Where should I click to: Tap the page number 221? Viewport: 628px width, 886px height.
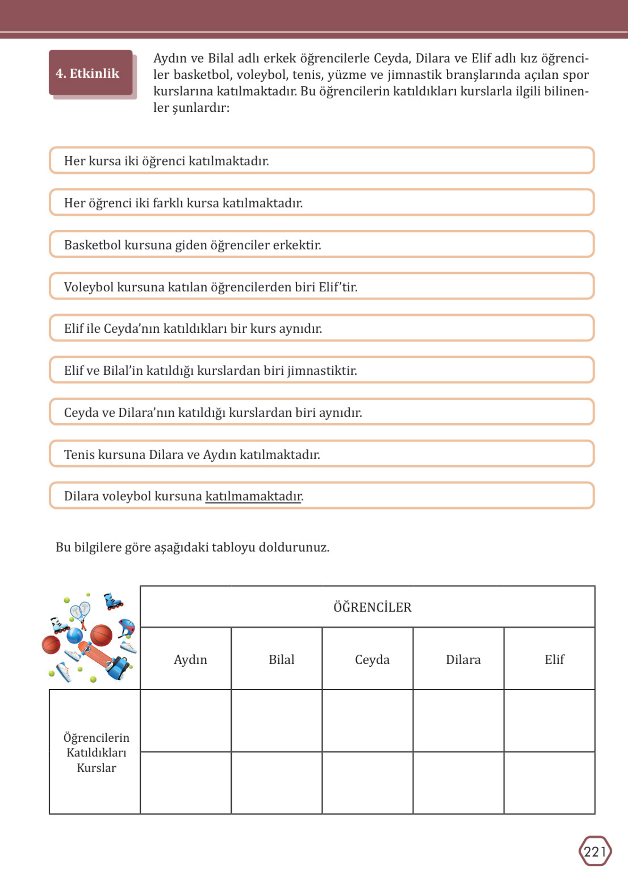coord(595,852)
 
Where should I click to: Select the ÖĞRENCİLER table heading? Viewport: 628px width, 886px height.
coord(372,607)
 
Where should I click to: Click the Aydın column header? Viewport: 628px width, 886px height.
coord(190,659)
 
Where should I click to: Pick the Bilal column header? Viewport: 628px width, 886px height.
coord(281,659)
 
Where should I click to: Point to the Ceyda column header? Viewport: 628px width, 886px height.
coord(372,659)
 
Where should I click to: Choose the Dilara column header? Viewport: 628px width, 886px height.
coord(463,659)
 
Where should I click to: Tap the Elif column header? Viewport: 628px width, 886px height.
coord(554,659)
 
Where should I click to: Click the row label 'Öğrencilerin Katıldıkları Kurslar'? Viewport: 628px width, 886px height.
coord(96,752)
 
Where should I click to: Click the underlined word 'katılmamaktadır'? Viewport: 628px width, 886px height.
coord(253,496)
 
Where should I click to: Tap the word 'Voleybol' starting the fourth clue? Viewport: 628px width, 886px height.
coord(89,287)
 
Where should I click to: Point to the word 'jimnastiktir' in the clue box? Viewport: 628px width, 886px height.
coord(321,370)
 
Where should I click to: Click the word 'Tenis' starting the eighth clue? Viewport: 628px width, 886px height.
coord(79,454)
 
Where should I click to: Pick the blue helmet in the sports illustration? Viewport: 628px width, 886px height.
coord(126,627)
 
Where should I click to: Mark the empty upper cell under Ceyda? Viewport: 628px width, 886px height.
coord(367,721)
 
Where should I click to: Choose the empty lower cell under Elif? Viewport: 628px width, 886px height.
coord(549,783)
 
